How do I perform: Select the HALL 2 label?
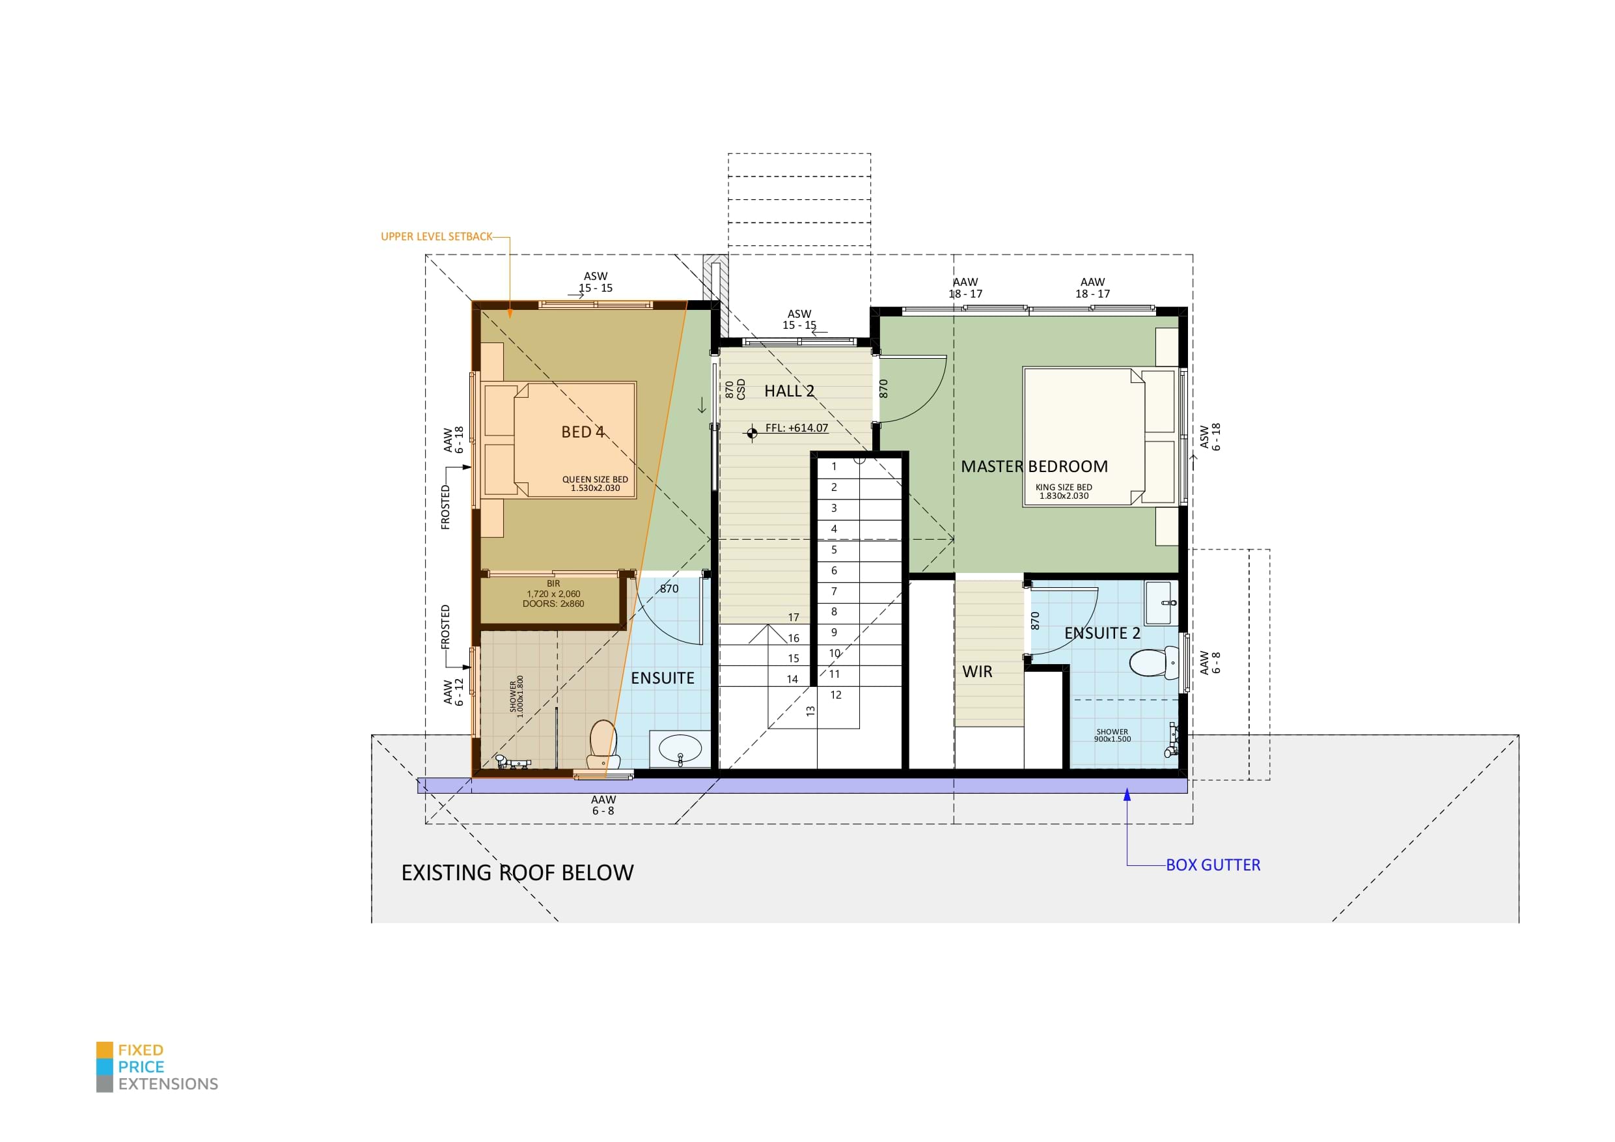click(789, 391)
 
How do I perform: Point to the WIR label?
click(977, 671)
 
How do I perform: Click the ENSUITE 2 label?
click(1101, 634)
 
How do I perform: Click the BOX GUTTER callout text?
click(1213, 865)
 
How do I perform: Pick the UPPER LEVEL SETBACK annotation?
click(436, 236)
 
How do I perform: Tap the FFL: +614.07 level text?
click(796, 428)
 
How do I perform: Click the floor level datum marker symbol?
click(752, 432)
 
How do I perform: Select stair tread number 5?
click(835, 550)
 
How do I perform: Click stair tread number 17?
click(794, 617)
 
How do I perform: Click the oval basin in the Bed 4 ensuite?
click(680, 749)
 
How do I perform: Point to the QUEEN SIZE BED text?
click(594, 479)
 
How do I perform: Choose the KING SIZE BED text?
click(1064, 487)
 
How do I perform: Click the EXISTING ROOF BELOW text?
click(517, 872)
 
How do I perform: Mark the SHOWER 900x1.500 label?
click(1112, 735)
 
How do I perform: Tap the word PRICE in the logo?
click(141, 1066)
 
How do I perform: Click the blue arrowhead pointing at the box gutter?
click(1127, 794)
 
